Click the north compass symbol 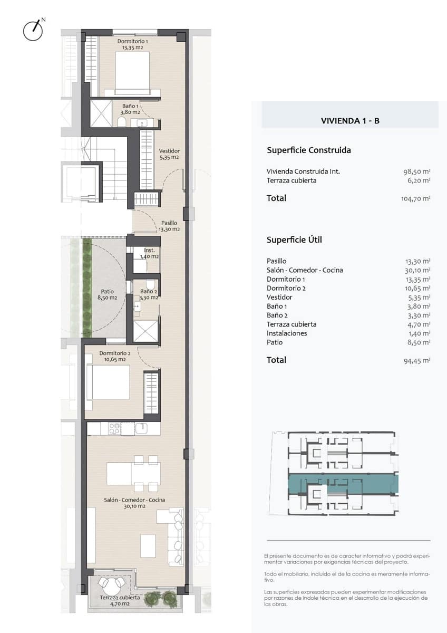point(33,30)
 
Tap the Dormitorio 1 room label point(132,44)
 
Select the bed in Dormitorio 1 point(132,73)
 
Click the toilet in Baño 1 point(121,122)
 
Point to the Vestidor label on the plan point(169,154)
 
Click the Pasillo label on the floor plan point(169,226)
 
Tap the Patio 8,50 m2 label point(108,294)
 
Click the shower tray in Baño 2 point(145,331)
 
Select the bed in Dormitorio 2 point(108,382)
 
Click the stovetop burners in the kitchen point(114,428)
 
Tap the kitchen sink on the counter point(141,428)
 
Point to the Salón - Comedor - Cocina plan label point(134,503)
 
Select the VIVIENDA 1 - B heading point(350,121)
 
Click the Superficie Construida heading point(309,150)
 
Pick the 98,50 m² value point(416,171)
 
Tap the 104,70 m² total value point(416,198)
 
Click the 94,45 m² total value point(417,361)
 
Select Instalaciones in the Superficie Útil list point(287,333)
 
